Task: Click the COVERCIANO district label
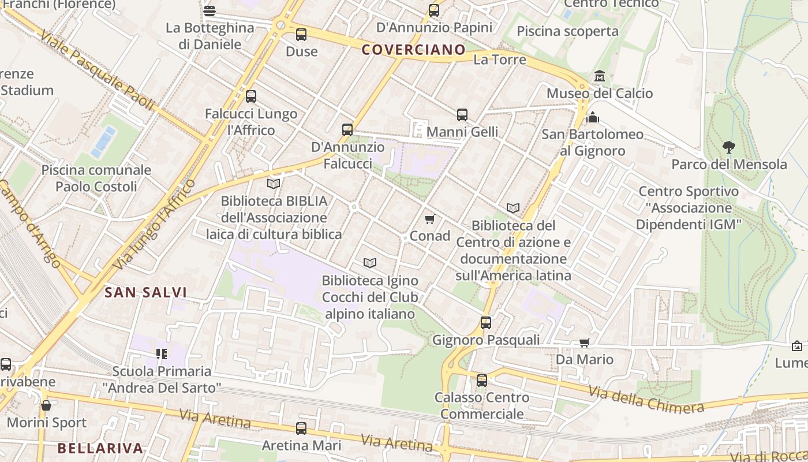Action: (x=413, y=50)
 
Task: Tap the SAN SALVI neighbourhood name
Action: (x=145, y=293)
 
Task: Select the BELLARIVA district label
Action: (x=100, y=448)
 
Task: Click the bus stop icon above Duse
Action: (x=301, y=35)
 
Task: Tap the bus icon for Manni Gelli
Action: (x=462, y=115)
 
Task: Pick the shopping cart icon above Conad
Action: (x=429, y=219)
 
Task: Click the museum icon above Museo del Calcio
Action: (x=600, y=76)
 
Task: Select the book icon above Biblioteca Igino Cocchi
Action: (x=370, y=263)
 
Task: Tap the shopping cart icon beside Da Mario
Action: (x=584, y=343)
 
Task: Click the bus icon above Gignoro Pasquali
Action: (x=486, y=323)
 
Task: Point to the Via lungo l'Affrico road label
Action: (x=154, y=225)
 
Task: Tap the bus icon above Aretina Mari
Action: (x=301, y=429)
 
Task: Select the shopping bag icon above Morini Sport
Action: (x=46, y=405)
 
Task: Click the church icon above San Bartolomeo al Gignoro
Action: (x=593, y=118)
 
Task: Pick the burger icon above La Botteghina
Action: (x=210, y=11)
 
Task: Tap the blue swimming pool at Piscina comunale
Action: (x=104, y=141)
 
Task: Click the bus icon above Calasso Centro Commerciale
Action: (x=482, y=381)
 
